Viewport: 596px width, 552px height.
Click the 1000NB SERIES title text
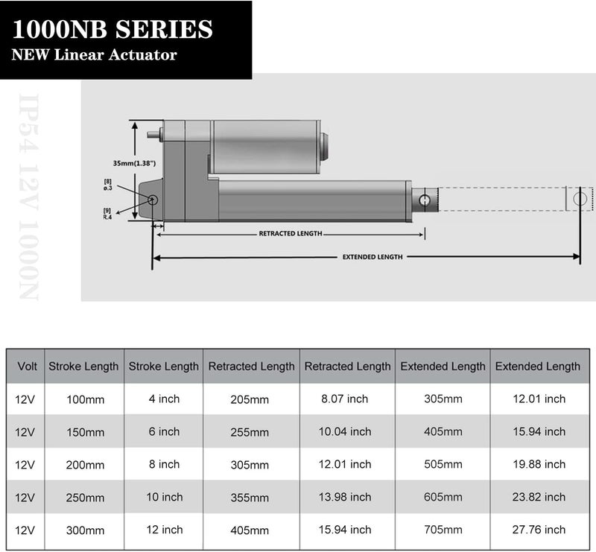(x=112, y=30)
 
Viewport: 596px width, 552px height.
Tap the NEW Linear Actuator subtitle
(x=94, y=55)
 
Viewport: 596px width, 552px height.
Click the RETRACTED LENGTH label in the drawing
(x=291, y=234)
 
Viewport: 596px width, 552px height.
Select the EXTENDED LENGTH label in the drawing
(x=372, y=257)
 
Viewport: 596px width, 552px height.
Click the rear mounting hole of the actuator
(x=153, y=200)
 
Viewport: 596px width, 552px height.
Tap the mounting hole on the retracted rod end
(x=424, y=200)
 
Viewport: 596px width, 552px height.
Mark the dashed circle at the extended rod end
(x=580, y=199)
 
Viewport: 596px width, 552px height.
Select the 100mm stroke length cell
(x=85, y=400)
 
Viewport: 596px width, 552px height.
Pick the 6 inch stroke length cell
(x=164, y=432)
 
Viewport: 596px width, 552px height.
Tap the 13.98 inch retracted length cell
(x=346, y=498)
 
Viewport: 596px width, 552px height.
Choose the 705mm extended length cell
(x=443, y=530)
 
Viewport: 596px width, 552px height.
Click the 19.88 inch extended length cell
(x=538, y=465)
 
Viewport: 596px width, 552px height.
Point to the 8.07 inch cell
(x=346, y=399)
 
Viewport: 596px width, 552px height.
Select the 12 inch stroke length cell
(x=164, y=530)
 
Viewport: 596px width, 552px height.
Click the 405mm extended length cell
(x=443, y=432)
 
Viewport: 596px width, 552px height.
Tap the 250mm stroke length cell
(x=85, y=498)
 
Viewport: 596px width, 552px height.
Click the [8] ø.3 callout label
(x=108, y=185)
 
